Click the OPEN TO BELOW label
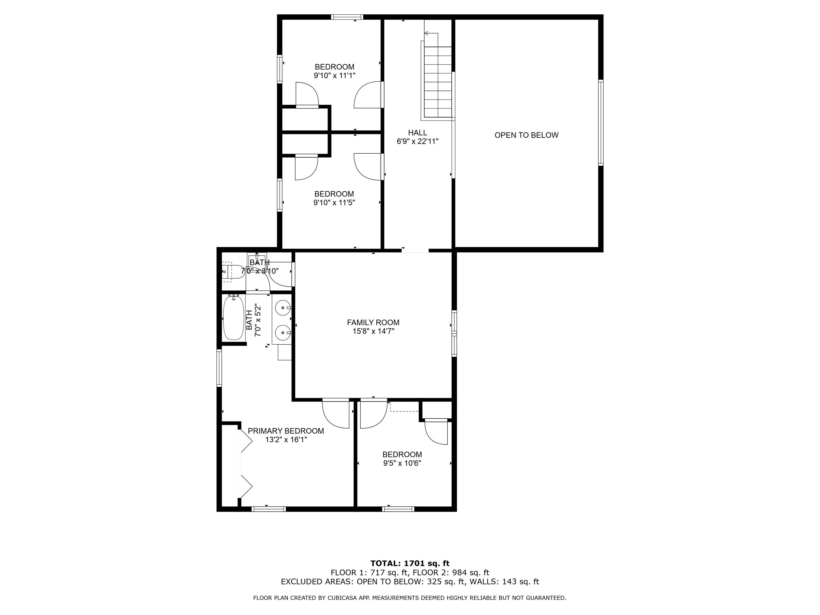click(526, 135)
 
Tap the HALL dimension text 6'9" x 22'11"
click(417, 141)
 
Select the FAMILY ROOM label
click(373, 322)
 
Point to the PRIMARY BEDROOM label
click(286, 431)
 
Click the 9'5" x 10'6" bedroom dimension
click(402, 463)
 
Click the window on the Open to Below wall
click(601, 122)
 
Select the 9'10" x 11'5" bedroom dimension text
click(334, 203)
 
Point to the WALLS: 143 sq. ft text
click(504, 582)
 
